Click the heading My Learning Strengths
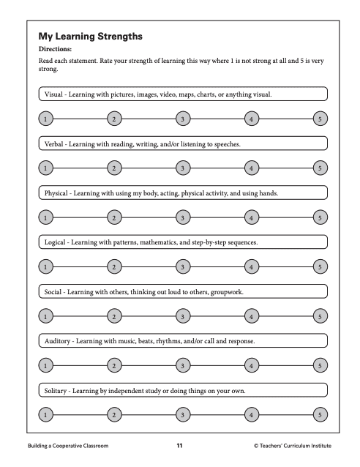90,35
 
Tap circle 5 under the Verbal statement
318,168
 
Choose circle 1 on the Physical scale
45,217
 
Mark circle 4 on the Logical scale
250,266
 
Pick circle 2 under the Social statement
113,315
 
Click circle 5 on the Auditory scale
318,365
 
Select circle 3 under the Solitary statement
181,414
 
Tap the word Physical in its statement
58,193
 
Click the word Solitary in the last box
58,391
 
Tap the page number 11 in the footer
180,445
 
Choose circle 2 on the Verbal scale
113,168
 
